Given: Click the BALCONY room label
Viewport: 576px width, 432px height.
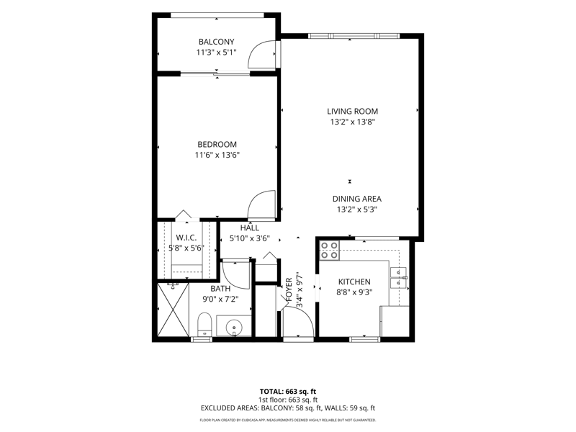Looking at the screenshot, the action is coord(217,42).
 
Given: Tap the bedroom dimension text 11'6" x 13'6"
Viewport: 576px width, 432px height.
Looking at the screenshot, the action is coord(217,155).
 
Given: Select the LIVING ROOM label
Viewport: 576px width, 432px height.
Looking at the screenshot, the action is coord(352,112).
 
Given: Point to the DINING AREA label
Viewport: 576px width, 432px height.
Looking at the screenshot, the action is coord(356,199).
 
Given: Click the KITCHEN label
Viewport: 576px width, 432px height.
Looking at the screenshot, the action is coord(354,282).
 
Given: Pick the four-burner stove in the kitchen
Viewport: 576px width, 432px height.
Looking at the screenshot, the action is coord(329,250).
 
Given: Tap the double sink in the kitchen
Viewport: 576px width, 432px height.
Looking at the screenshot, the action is coord(398,277).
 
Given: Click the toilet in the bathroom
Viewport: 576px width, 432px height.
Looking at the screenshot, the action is coord(204,324).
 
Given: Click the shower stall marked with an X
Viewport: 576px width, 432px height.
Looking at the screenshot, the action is coord(173,309).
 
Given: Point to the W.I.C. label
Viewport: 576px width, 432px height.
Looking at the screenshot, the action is coord(186,238).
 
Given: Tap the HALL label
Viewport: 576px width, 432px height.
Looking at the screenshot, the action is coord(250,228).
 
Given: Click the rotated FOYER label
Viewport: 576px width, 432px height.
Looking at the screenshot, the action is coord(289,290).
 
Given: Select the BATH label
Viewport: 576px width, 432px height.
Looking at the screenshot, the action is coord(220,289).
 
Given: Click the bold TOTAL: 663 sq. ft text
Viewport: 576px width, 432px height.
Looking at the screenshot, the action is coord(287,392).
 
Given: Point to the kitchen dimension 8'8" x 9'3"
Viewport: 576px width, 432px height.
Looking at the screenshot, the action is coord(354,292).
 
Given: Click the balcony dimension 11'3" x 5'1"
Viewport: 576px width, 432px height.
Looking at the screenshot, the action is coord(217,53).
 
